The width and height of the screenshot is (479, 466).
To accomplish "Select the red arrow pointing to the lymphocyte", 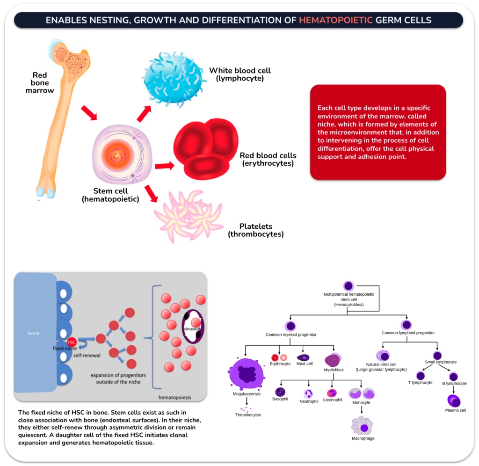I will click(x=145, y=113).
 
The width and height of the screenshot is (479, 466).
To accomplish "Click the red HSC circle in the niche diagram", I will click(x=71, y=342).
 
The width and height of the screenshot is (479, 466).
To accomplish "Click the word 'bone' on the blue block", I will click(x=34, y=334).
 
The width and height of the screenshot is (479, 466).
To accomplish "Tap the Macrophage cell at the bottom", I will click(x=363, y=425).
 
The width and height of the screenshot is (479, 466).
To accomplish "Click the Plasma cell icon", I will click(x=455, y=400).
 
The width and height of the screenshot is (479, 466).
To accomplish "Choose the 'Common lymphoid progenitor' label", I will click(x=408, y=333).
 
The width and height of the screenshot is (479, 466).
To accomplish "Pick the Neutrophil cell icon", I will click(x=309, y=393).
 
